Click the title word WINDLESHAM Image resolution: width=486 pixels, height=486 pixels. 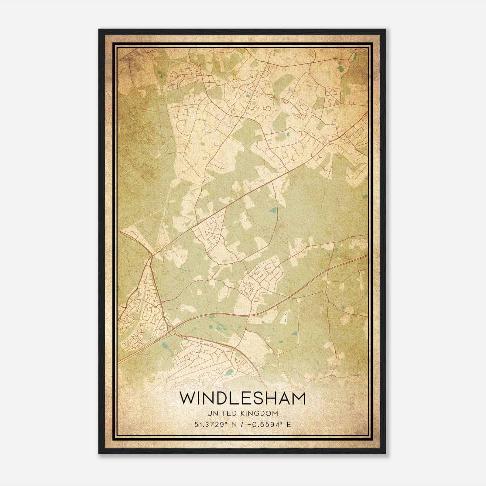point(242,399)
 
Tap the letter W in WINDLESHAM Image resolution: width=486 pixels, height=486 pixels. point(187,399)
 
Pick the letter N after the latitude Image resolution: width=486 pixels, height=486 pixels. point(234,424)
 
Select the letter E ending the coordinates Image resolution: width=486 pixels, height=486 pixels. point(289,424)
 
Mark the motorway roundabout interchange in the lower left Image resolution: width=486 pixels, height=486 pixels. point(171,332)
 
